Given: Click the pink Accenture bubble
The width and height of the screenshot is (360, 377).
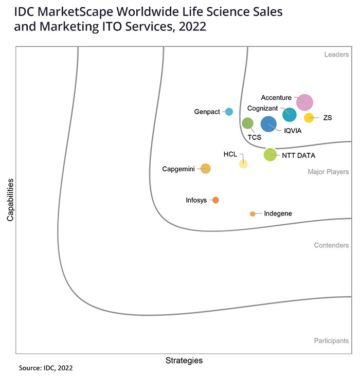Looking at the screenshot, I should tap(304, 102).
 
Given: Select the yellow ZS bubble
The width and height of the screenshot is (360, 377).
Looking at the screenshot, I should tap(309, 118).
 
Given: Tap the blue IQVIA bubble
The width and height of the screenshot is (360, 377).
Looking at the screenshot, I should tap(268, 124).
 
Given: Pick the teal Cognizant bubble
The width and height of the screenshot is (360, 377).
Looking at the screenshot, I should tap(290, 115).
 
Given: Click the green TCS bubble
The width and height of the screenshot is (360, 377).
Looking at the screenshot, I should tap(247, 123).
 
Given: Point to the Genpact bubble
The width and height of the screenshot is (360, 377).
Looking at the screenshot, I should tap(229, 112).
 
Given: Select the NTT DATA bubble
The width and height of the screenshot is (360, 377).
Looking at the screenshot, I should tap(270, 154).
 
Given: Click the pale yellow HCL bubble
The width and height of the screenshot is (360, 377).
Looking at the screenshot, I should tap(243, 164).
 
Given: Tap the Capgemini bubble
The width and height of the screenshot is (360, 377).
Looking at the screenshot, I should tap(205, 168).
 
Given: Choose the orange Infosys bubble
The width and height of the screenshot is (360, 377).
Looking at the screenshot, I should tap(215, 200).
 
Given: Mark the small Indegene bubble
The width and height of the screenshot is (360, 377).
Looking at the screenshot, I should tap(253, 213).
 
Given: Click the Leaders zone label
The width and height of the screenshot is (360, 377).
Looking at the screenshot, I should tap(336, 55).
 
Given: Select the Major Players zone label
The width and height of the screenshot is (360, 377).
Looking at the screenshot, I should tap(328, 172).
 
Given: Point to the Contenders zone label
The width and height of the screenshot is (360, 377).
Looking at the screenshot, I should tap(331, 245).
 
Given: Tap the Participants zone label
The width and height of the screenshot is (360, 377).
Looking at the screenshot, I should tap(331, 340).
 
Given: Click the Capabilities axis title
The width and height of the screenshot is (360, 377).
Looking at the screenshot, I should tap(10, 200).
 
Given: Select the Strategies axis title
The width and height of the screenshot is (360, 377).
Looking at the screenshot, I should tap(184, 360).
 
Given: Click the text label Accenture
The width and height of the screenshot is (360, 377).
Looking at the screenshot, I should tap(276, 97).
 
